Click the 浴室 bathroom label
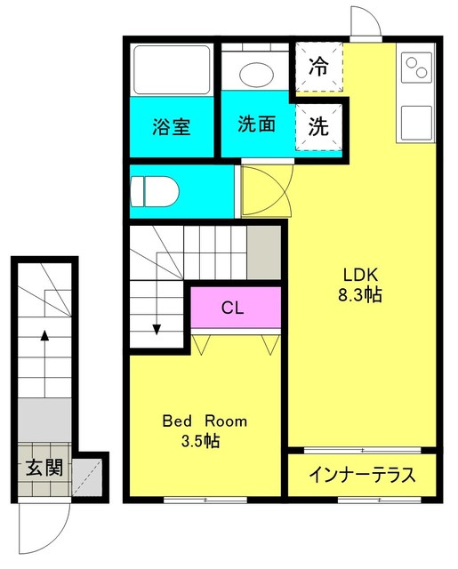tap(171, 126)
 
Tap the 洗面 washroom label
tap(255, 124)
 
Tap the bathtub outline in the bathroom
tap(171, 68)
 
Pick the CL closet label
tap(233, 309)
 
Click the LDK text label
tap(359, 275)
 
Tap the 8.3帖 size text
tap(359, 295)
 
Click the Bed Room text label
tap(204, 421)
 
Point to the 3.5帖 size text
tap(204, 441)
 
